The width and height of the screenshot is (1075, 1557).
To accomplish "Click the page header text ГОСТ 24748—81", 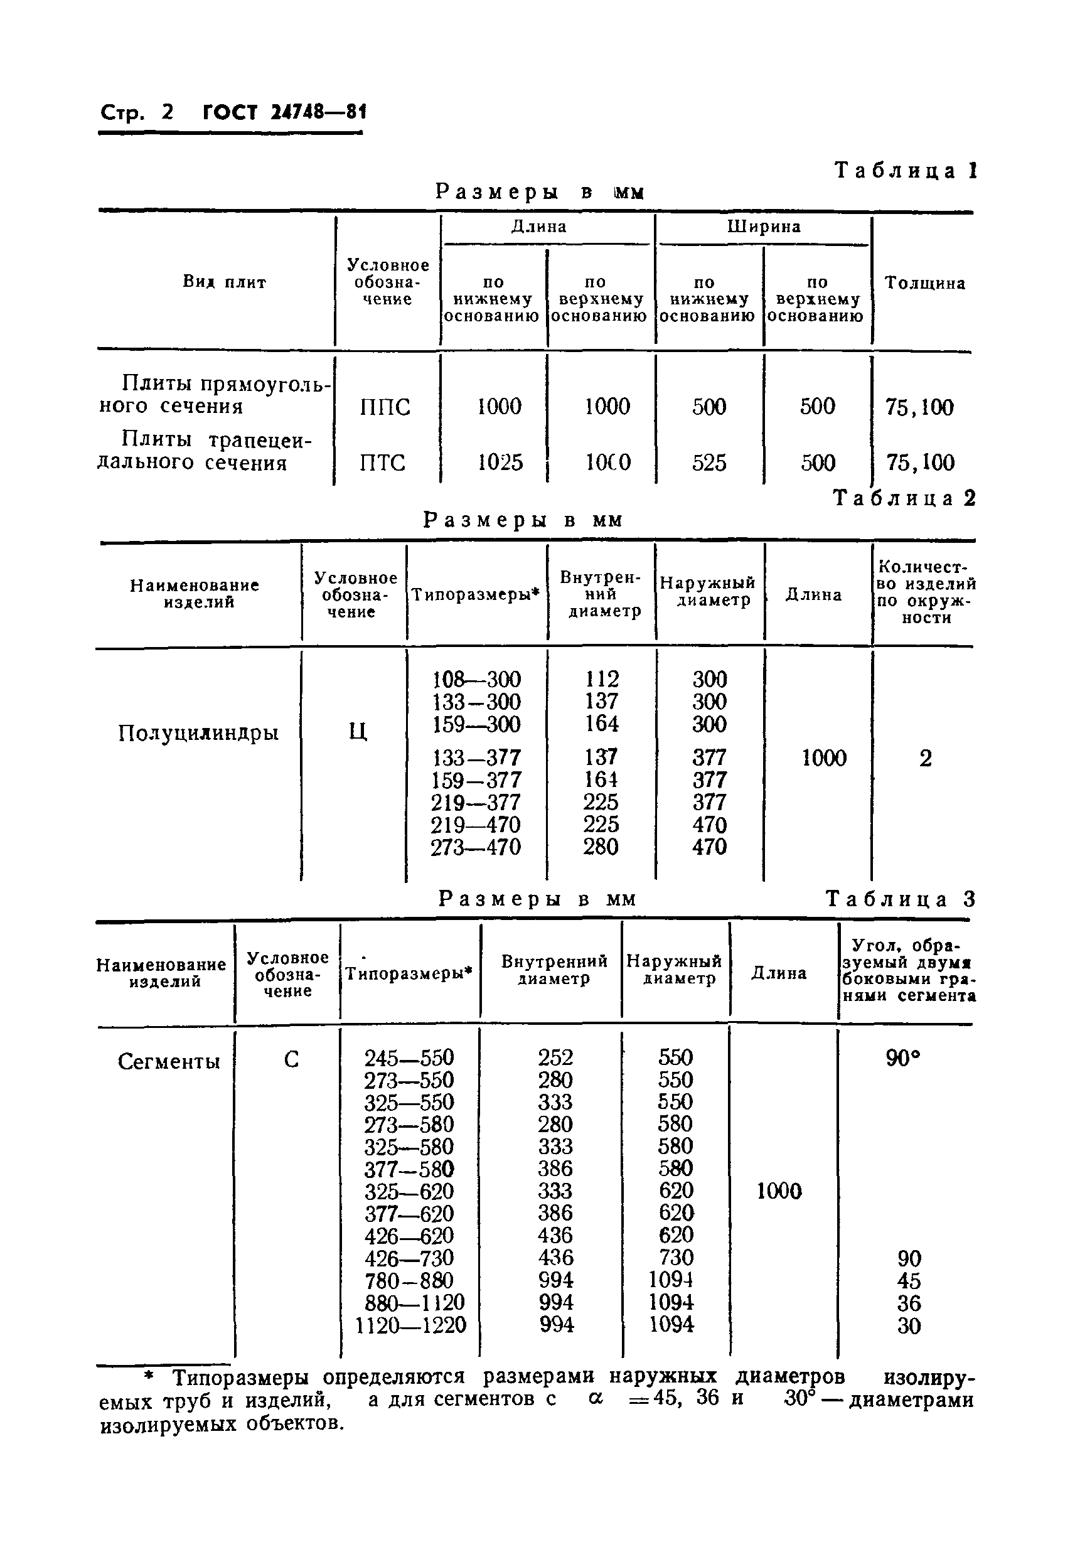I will click(284, 112).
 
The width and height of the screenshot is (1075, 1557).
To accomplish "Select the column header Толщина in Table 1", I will click(924, 284).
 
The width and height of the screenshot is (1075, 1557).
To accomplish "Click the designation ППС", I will click(385, 407).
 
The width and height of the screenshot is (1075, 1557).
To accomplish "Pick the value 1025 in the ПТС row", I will click(500, 463).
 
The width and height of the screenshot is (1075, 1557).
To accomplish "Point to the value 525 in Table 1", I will click(709, 463).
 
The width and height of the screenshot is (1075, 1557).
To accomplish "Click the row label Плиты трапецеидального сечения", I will click(205, 451).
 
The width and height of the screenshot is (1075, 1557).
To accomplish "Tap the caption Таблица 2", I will click(904, 498).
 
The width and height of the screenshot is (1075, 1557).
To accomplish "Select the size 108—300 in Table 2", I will click(476, 679).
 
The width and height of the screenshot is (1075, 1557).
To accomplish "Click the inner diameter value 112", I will click(601, 679).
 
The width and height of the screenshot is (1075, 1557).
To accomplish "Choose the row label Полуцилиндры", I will click(198, 733).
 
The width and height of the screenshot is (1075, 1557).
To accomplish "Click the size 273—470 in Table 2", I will click(476, 847).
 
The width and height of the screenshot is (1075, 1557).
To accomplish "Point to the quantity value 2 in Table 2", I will click(926, 759).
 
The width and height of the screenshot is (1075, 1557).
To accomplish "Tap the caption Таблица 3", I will click(900, 900).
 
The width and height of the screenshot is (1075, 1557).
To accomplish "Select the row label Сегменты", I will click(168, 1062).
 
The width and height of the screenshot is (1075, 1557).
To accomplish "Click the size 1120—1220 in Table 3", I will click(411, 1325).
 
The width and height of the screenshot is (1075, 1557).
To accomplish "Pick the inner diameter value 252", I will click(555, 1057).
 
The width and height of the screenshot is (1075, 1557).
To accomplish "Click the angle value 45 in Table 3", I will click(909, 1281).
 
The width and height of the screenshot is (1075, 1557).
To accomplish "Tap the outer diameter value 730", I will click(676, 1258).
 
